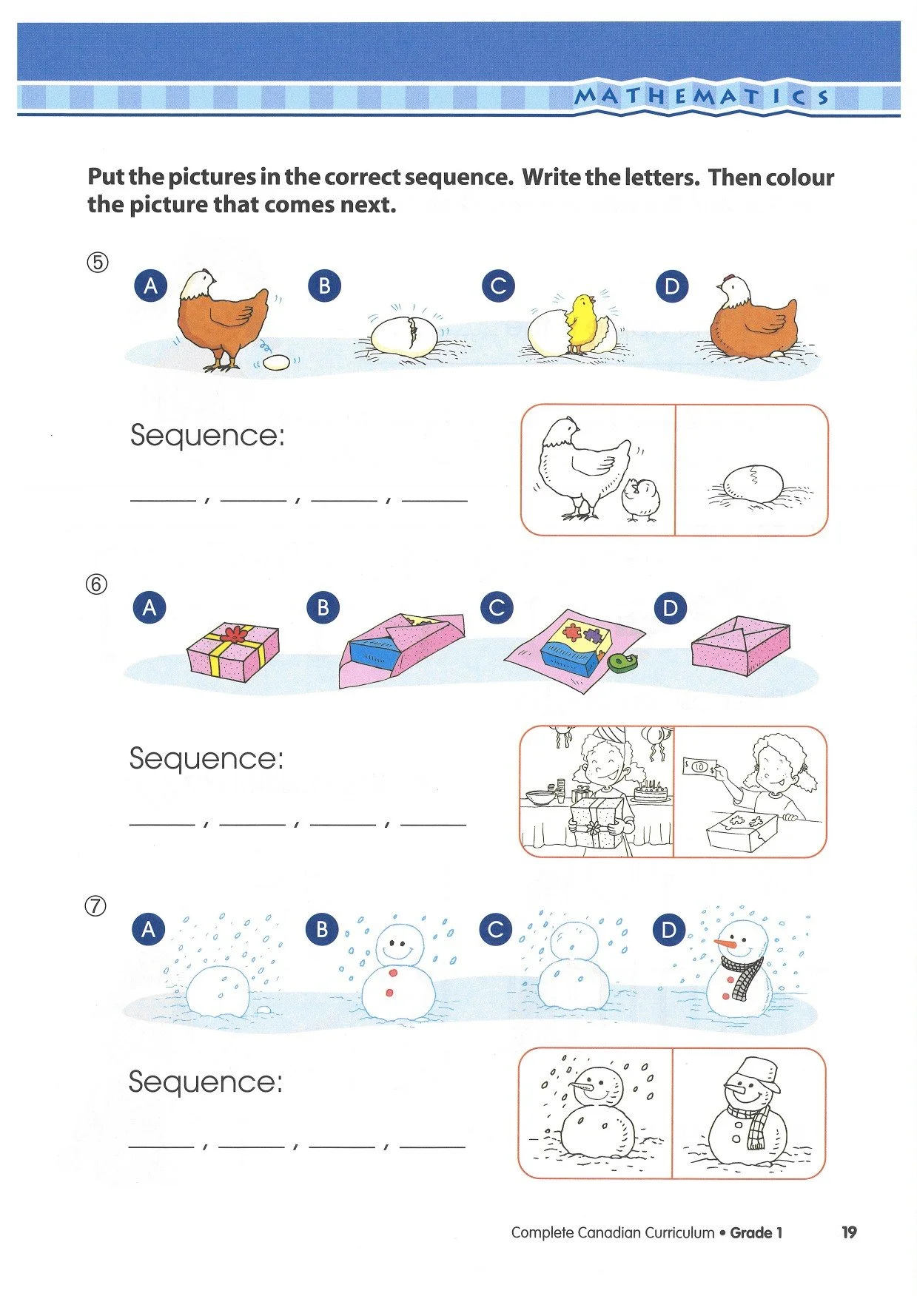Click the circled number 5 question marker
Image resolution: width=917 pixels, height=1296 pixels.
click(98, 263)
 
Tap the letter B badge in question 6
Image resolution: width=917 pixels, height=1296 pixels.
click(323, 607)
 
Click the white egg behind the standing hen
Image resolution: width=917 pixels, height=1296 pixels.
click(277, 362)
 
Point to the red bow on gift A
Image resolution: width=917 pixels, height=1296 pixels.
click(234, 633)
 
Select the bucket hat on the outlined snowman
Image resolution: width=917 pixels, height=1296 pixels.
click(757, 1072)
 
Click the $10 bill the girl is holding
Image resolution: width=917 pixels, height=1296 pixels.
click(699, 766)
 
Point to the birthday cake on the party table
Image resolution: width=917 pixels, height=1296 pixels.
click(651, 793)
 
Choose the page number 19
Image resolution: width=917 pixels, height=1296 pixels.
click(849, 1232)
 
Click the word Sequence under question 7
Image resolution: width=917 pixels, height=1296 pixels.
click(205, 1082)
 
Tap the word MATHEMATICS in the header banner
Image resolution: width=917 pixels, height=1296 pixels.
click(702, 96)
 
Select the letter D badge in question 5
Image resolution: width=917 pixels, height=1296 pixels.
click(671, 286)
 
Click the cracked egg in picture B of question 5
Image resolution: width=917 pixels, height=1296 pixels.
click(403, 337)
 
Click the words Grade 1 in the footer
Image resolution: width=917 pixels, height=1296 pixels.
click(756, 1232)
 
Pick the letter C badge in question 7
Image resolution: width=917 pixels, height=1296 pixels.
click(496, 929)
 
